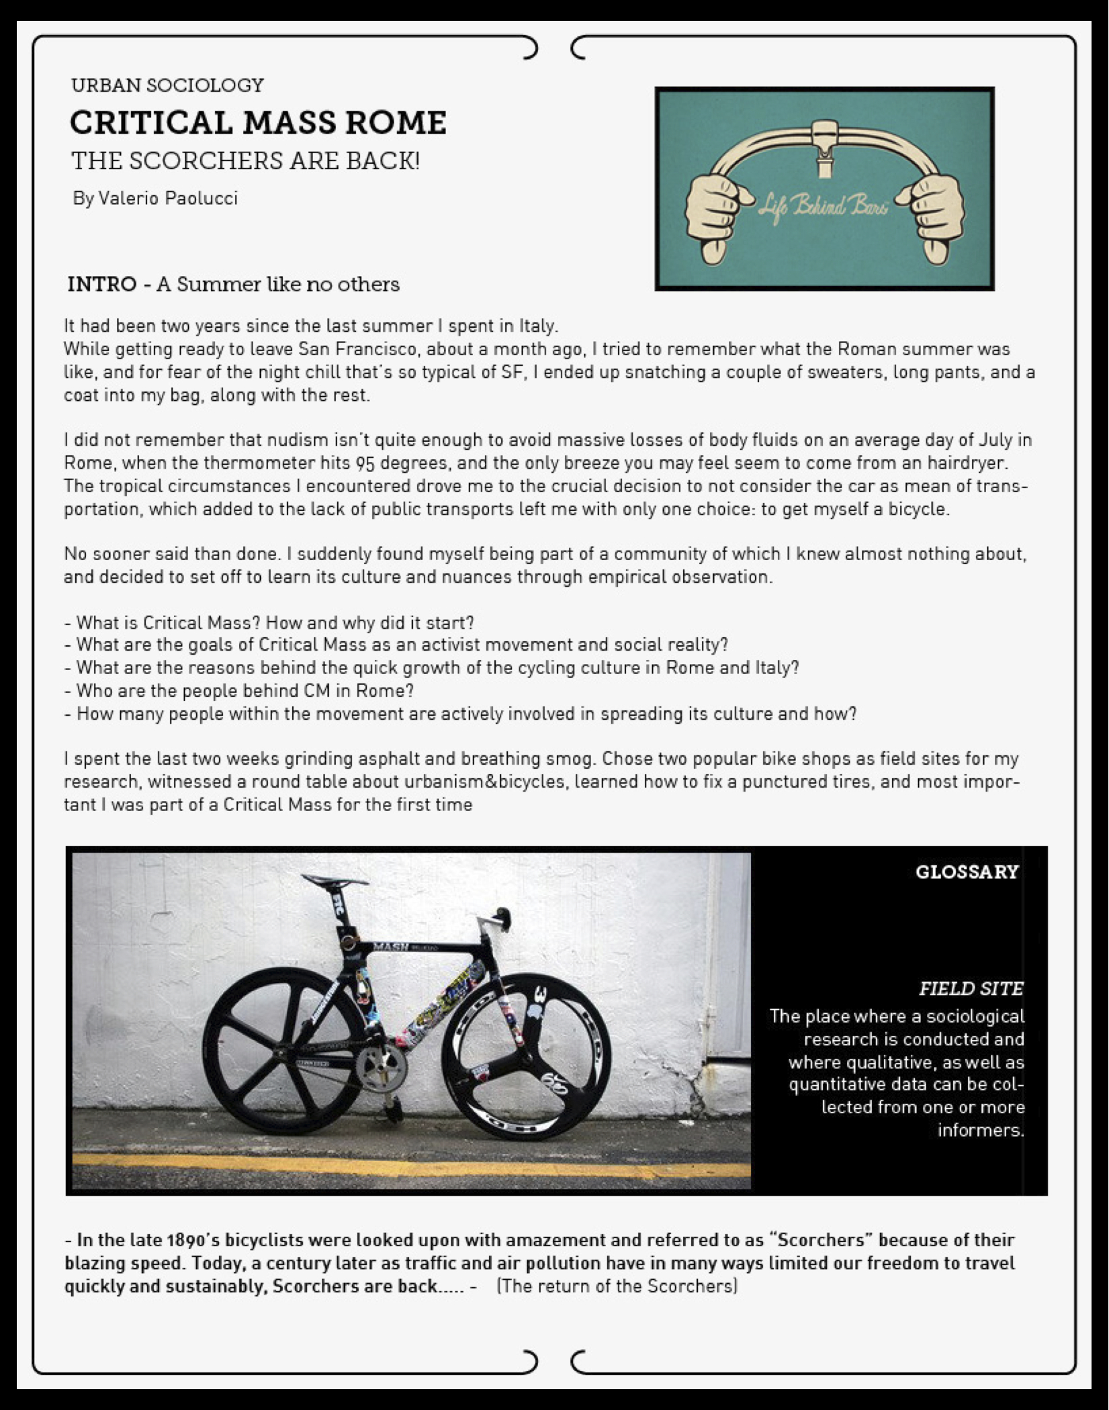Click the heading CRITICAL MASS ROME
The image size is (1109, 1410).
pos(258,123)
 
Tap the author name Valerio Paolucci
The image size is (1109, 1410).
pos(167,199)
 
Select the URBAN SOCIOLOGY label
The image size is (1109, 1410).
pos(167,85)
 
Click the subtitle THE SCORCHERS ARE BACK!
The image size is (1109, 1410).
pos(245,161)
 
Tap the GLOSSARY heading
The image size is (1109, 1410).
pos(967,872)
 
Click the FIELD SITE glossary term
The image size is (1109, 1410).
pos(971,988)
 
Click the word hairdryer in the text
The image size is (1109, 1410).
pos(968,463)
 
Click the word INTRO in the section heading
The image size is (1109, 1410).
pos(102,284)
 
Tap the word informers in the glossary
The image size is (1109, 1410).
pos(980,1130)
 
